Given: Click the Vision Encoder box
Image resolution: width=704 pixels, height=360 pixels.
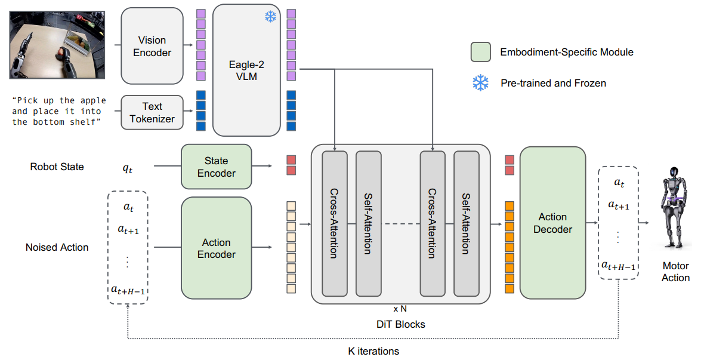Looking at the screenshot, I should tap(152, 46).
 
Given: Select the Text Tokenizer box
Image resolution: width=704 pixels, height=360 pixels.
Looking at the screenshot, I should tap(152, 112).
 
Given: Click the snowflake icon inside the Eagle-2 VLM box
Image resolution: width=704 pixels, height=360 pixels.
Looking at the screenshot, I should tap(271, 16).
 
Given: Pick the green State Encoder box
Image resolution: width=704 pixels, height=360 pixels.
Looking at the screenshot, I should tap(216, 167).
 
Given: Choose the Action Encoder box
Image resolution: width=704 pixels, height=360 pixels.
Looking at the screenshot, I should tap(216, 248).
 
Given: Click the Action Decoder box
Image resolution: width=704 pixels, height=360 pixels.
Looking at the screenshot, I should tap(552, 223).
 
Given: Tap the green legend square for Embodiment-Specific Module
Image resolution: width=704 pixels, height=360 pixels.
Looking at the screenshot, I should tap(480, 52).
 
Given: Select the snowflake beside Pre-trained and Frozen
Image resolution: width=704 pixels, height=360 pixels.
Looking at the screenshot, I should tap(480, 83).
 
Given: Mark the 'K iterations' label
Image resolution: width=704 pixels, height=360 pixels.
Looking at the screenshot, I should tap(373, 351).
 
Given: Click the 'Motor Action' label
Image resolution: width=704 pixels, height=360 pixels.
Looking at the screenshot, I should tap(675, 272).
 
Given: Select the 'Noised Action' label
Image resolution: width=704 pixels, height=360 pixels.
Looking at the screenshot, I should tap(57, 247).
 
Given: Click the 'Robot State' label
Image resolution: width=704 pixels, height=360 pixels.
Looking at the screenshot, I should tap(57, 167).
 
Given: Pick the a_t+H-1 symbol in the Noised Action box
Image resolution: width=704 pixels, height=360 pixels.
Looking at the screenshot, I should tap(128, 290).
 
